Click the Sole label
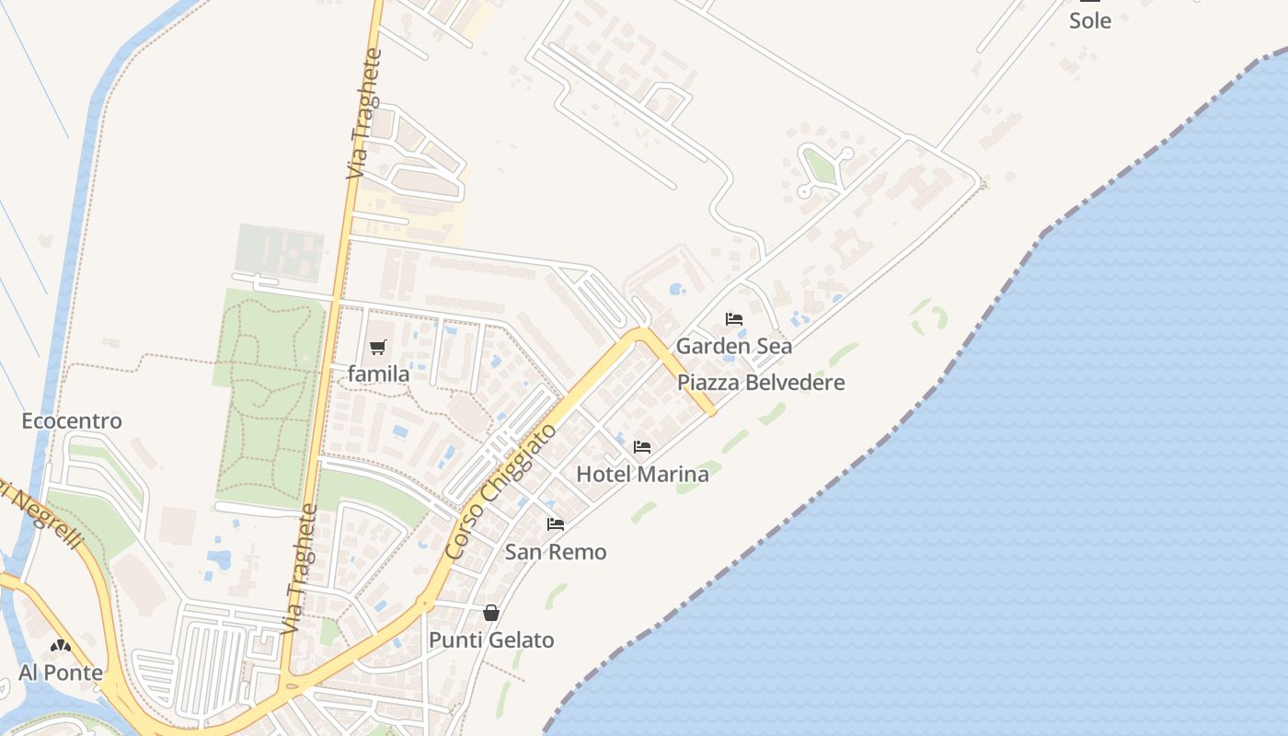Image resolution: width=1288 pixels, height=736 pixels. coord(1089,20)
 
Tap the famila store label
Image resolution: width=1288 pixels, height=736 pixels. coord(378,374)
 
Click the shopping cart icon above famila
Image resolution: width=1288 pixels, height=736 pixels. coord(377,347)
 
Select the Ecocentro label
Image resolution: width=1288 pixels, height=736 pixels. coord(72,421)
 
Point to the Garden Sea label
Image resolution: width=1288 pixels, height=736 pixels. coord(733,347)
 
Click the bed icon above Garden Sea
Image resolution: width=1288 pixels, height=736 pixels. coord(734,319)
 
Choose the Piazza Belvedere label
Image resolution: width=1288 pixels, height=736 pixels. coord(761,383)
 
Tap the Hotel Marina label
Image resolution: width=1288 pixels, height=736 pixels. coord(642,475)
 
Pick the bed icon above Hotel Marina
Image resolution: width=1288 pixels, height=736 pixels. coord(642,447)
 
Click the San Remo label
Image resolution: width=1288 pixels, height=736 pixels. coord(556,552)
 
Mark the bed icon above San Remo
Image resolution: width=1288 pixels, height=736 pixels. coord(556,524)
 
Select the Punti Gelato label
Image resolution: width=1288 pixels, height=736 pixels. coord(491,640)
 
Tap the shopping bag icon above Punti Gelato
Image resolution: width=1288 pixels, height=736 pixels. coord(491,613)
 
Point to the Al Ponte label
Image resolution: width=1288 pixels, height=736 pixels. coord(61,673)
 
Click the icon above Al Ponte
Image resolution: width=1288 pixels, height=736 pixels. coord(61,646)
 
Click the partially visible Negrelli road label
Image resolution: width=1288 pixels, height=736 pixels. coord(41,515)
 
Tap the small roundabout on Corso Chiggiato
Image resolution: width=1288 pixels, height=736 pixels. coord(424,604)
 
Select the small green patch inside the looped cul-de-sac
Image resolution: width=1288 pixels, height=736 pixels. coord(819,167)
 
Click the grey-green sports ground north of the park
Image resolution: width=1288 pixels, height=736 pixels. coord(280,252)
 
